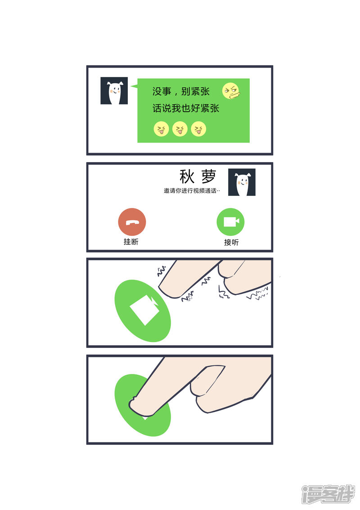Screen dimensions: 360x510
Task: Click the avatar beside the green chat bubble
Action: pos(114,91)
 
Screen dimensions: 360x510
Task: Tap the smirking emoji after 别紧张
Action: pos(231,91)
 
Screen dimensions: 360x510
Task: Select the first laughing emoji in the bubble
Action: pos(161,129)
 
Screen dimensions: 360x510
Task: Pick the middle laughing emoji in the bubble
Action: pos(180,129)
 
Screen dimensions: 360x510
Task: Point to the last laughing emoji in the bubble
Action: pos(198,129)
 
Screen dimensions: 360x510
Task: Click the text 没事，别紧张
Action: pos(181,91)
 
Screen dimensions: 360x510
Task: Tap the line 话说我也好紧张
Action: pos(186,108)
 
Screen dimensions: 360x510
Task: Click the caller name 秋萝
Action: pos(198,176)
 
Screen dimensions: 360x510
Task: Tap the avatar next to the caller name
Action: pos(242,182)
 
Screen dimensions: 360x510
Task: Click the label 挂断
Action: pos(131,242)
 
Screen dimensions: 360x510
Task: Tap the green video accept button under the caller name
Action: pos(230,222)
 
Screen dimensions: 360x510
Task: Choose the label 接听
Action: pos(231,242)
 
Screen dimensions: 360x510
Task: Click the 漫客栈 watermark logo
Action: pos(328,494)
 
